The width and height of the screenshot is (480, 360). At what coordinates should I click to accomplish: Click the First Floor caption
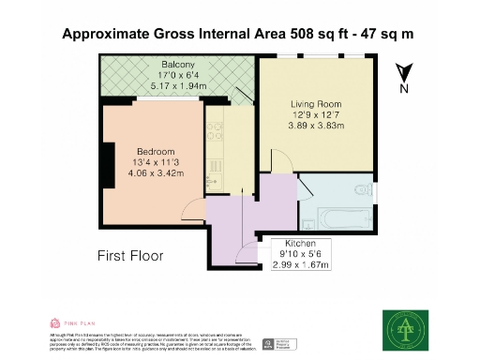[x=130, y=255]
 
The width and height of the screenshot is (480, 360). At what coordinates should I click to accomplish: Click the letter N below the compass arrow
[x=404, y=89]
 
